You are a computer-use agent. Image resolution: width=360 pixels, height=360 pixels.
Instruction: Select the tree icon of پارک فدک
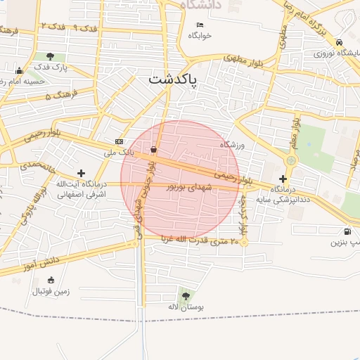[50, 56]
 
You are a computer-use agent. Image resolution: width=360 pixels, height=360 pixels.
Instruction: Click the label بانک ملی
[119, 151]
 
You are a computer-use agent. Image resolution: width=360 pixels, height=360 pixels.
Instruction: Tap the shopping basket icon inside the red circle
[153, 148]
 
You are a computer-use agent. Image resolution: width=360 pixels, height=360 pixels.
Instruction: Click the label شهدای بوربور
[193, 187]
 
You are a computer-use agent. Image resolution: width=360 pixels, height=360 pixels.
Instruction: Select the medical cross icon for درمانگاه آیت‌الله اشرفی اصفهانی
[82, 172]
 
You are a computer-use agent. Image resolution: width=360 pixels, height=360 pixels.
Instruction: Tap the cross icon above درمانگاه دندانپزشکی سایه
[283, 179]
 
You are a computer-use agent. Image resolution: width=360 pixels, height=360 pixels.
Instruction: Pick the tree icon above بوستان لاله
[186, 296]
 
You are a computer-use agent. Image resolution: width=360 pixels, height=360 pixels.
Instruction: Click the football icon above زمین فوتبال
[40, 278]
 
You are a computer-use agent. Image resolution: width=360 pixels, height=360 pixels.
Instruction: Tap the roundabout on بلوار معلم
[291, 161]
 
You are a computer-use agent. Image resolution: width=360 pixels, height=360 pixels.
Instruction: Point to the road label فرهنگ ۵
[59, 94]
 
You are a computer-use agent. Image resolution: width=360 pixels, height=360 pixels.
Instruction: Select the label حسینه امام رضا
[24, 81]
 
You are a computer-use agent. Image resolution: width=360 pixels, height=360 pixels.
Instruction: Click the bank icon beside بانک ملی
[118, 141]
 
